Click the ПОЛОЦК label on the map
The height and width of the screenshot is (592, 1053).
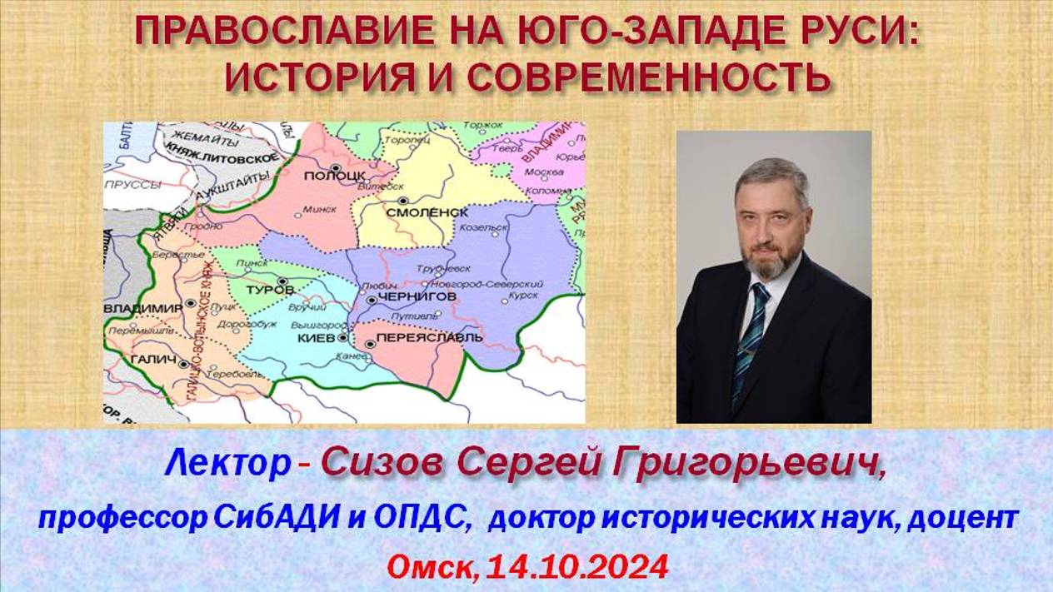(x=335, y=176)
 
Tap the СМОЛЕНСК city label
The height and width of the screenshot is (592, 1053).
(x=427, y=212)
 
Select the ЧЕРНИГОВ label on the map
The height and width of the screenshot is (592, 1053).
(x=417, y=296)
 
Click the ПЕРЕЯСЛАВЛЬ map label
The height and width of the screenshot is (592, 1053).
(x=430, y=339)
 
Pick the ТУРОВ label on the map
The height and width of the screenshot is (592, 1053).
(x=271, y=289)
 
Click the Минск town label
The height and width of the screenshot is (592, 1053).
(x=320, y=210)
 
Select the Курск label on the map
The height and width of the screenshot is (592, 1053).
(x=522, y=295)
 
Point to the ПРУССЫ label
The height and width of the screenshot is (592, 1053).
(x=131, y=184)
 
